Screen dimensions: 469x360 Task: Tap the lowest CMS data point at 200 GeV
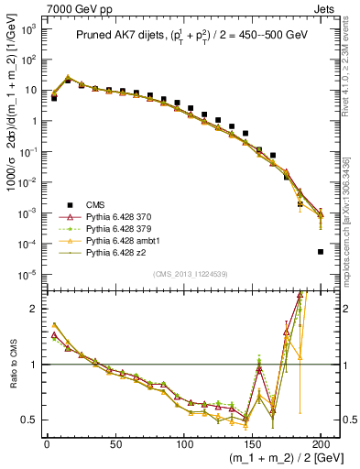(x=321, y=251)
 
